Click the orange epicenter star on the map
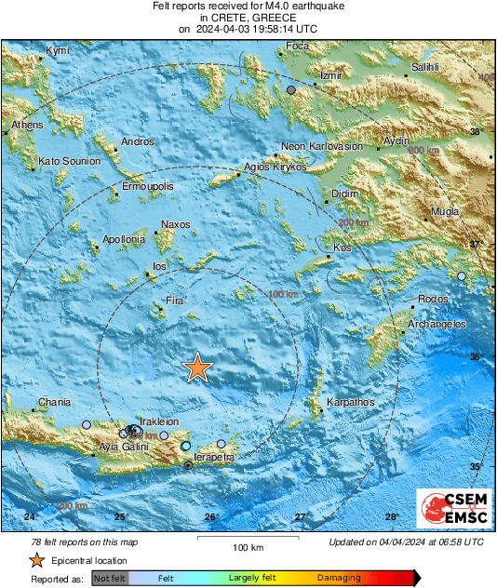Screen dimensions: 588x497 pyautogui.click(x=197, y=367)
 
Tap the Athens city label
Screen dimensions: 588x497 pyautogui.click(x=28, y=125)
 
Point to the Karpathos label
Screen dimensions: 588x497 pyautogui.click(x=349, y=403)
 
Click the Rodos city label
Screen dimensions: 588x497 pyautogui.click(x=434, y=298)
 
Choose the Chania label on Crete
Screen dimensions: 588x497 pyautogui.click(x=53, y=403)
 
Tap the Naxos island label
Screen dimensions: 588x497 pyautogui.click(x=175, y=224)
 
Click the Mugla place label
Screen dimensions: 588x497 pyautogui.click(x=445, y=211)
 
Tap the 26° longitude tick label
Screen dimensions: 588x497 pyautogui.click(x=211, y=517)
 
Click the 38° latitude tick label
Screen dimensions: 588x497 pyautogui.click(x=477, y=132)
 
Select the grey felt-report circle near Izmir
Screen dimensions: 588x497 pyautogui.click(x=291, y=89)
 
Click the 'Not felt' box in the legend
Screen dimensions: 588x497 pyautogui.click(x=111, y=578)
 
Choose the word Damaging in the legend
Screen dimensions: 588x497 pyautogui.click(x=339, y=578)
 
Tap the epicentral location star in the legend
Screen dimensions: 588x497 pyautogui.click(x=36, y=560)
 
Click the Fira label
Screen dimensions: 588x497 pyautogui.click(x=174, y=301)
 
